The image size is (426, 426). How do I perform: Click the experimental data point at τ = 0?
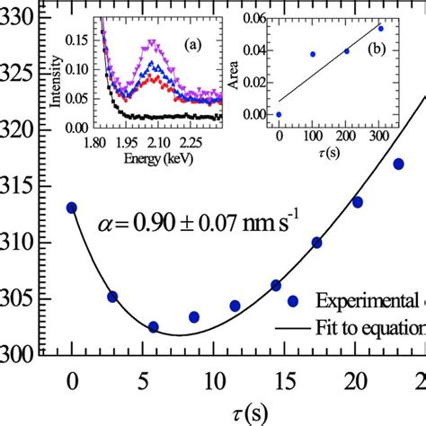[x=72, y=208]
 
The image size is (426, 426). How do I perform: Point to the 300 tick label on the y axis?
[x=17, y=354]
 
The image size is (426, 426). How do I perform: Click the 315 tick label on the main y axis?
[x=17, y=186]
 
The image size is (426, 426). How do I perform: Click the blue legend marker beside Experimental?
[x=292, y=301]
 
